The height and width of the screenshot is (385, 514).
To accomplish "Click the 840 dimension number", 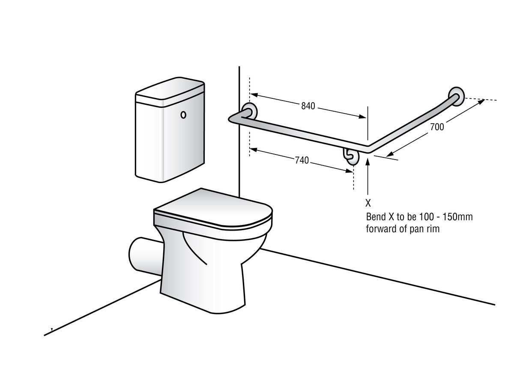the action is tap(308, 106).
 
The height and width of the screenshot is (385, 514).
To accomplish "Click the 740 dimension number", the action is tap(302, 160).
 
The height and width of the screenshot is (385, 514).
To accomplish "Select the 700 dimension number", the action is tap(437, 127).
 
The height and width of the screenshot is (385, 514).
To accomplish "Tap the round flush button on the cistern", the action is tap(183, 115).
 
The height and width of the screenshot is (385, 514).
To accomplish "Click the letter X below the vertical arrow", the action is tap(368, 203).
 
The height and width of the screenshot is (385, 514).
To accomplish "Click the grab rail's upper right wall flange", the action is tap(457, 96).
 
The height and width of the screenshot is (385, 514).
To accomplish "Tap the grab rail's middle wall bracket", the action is tap(351, 156).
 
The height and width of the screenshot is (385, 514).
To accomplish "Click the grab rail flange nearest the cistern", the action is tap(249, 111).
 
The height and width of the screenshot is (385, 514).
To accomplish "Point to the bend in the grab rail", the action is tap(368, 149).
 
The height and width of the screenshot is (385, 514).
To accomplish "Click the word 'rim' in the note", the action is tap(433, 229).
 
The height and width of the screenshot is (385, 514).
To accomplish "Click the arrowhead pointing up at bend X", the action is tap(368, 161).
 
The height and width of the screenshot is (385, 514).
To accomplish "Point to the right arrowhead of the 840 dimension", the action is tap(362, 116).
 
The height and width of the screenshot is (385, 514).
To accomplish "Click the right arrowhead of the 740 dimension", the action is tap(349, 171).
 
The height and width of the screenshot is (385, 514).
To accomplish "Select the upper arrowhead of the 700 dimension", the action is tap(481, 102).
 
